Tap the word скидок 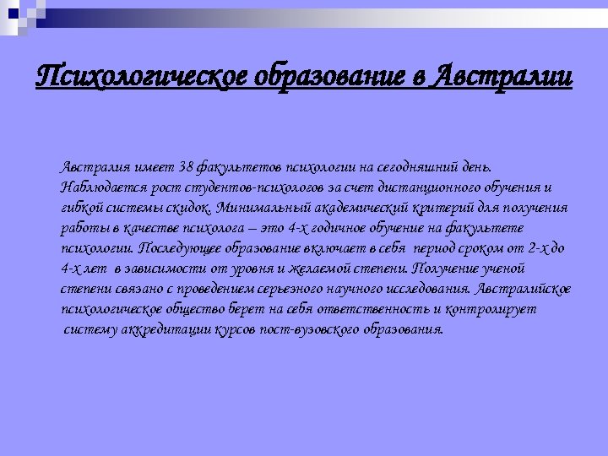pos(187,208)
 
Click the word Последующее pos(177,248)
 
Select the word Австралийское pos(524,289)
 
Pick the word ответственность pos(379,309)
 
